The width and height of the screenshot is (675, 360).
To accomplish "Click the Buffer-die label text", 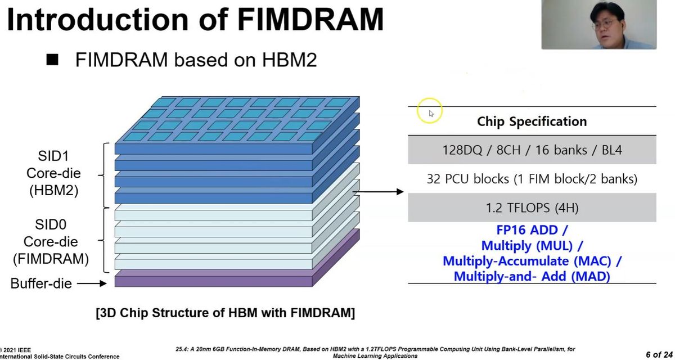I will [41, 283].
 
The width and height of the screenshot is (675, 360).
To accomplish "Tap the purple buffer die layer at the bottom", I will [214, 280].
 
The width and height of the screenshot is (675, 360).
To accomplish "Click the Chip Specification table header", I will [532, 121].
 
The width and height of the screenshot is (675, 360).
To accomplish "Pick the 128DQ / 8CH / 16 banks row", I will [532, 150].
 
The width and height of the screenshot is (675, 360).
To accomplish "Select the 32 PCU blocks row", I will [532, 179].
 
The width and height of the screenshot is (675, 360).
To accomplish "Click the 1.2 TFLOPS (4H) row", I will [532, 208].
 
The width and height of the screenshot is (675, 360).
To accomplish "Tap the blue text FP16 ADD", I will [532, 231].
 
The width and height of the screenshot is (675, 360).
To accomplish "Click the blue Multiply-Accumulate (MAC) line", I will [532, 261].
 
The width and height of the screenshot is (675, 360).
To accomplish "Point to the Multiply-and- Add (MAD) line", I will [532, 276].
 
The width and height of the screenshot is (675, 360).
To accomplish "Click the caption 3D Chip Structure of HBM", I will [225, 313].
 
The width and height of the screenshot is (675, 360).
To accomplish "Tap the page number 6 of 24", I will [659, 354].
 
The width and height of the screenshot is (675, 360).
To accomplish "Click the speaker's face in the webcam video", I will [610, 22].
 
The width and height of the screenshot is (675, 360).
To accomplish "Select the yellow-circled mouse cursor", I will [430, 113].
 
